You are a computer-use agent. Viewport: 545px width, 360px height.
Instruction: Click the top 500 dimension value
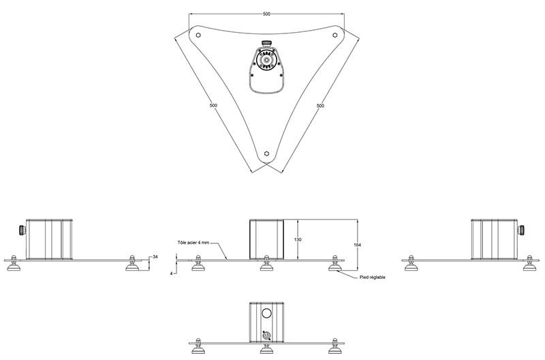click(266, 14)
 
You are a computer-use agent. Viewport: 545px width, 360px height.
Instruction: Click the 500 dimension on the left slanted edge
click(213, 106)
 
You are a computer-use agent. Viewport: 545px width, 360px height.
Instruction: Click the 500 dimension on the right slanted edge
click(320, 106)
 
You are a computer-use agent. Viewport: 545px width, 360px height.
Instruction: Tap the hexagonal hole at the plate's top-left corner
click(198, 35)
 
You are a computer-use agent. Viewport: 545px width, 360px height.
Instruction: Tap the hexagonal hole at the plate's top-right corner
click(335, 35)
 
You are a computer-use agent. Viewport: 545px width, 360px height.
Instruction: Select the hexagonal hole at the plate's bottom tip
click(266, 153)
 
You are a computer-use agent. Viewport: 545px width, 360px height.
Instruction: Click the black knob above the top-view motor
click(266, 43)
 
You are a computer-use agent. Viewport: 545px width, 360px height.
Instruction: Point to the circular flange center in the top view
click(266, 60)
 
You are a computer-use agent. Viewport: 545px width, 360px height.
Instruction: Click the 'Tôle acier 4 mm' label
click(193, 243)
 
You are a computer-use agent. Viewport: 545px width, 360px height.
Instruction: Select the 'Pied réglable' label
click(372, 277)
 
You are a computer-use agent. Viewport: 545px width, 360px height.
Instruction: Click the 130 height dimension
click(298, 239)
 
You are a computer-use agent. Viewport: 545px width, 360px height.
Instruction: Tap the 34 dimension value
click(155, 256)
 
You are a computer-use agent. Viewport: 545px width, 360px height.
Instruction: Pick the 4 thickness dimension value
click(171, 273)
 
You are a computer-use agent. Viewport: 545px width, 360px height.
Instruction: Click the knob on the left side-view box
click(22, 230)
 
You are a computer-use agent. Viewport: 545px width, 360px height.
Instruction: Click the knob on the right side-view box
click(521, 230)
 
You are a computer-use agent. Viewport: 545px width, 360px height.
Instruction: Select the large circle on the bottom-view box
click(266, 314)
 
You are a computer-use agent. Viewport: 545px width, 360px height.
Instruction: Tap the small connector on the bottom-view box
click(266, 335)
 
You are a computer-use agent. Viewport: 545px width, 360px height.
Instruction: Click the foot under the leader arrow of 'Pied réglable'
click(335, 263)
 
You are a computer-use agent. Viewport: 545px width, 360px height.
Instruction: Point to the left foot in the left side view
click(14, 263)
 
